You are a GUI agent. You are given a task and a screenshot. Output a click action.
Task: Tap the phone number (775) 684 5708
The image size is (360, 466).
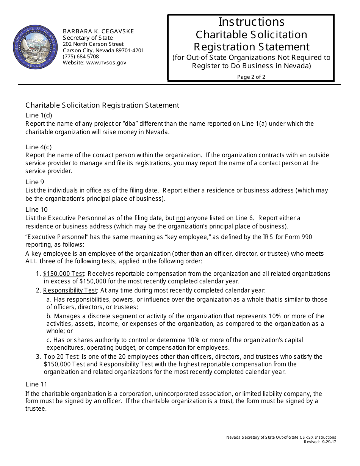(81, 56)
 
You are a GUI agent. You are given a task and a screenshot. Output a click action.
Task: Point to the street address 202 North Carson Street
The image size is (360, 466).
(93, 44)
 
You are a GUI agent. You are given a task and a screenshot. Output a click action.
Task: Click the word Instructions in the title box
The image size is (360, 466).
(251, 22)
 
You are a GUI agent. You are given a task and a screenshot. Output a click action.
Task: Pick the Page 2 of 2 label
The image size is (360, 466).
(251, 77)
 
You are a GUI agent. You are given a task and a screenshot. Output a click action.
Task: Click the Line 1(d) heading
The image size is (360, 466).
(39, 116)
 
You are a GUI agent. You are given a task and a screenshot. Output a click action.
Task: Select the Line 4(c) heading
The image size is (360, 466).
(38, 147)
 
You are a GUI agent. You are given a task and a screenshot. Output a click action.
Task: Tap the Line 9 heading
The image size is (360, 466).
(34, 182)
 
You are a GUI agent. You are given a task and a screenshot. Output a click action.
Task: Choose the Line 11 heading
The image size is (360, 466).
(36, 384)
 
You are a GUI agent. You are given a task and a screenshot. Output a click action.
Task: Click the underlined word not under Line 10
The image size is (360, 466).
(181, 218)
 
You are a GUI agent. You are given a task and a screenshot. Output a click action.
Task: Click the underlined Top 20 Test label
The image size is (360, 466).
(61, 357)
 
